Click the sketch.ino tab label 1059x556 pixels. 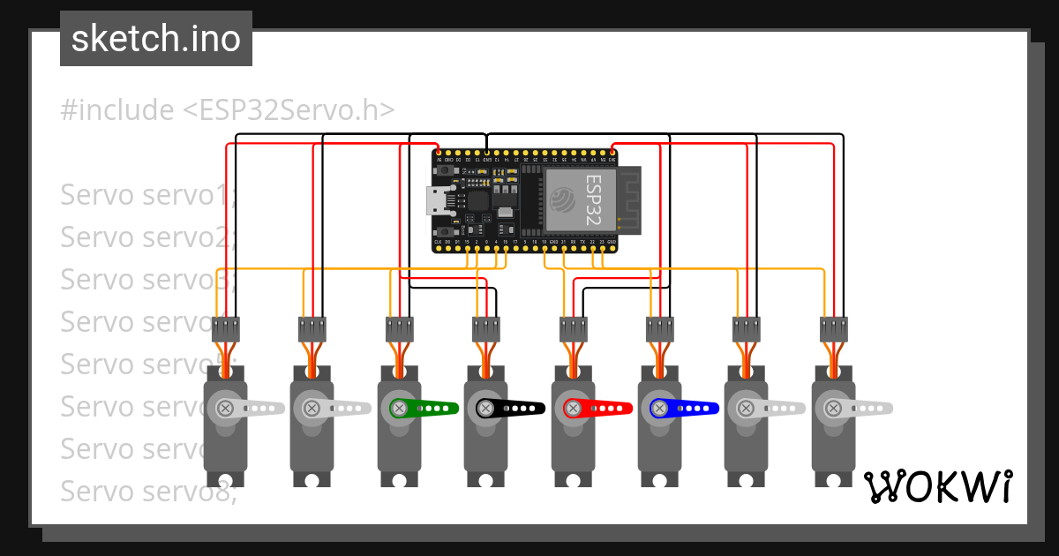(x=156, y=39)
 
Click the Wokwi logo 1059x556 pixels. (x=936, y=486)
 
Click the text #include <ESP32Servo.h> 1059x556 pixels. (x=228, y=110)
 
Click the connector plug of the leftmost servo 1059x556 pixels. (x=226, y=329)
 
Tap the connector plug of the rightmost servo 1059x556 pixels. (x=833, y=329)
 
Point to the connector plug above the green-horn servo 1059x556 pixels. (x=399, y=329)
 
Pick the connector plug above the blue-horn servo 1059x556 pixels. (x=659, y=329)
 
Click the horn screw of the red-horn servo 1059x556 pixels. (x=572, y=408)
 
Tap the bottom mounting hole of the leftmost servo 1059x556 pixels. (x=225, y=480)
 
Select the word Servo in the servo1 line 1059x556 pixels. (x=97, y=194)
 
